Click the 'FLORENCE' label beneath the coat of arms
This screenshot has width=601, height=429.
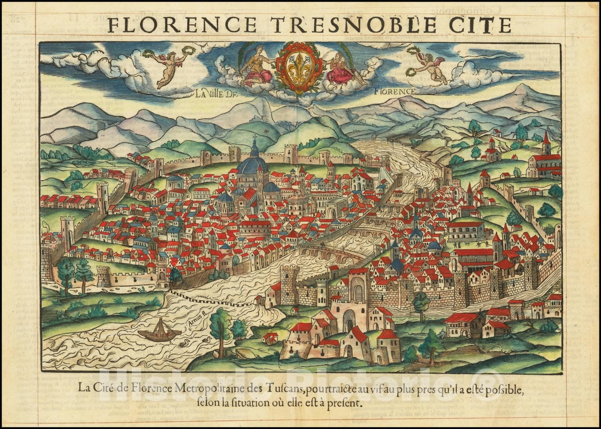(x=395, y=91)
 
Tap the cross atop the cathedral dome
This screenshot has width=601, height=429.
(x=254, y=138)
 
